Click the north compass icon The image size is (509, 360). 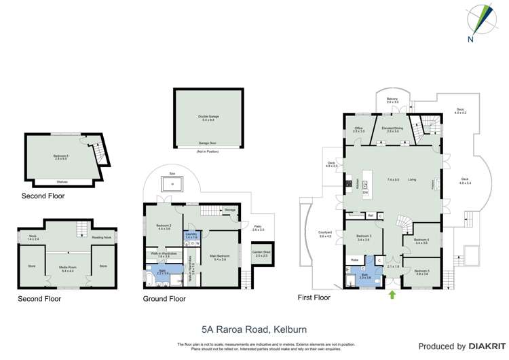(x=483, y=19)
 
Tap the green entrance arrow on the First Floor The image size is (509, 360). (x=392, y=294)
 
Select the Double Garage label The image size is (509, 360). (x=208, y=117)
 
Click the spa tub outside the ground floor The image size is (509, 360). (x=172, y=183)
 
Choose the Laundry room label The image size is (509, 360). (x=191, y=234)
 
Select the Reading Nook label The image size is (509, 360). (x=102, y=238)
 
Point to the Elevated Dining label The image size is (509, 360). (x=392, y=129)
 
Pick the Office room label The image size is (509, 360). (x=358, y=130)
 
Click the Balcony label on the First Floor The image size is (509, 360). (x=392, y=101)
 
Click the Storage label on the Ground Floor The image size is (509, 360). (x=229, y=210)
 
